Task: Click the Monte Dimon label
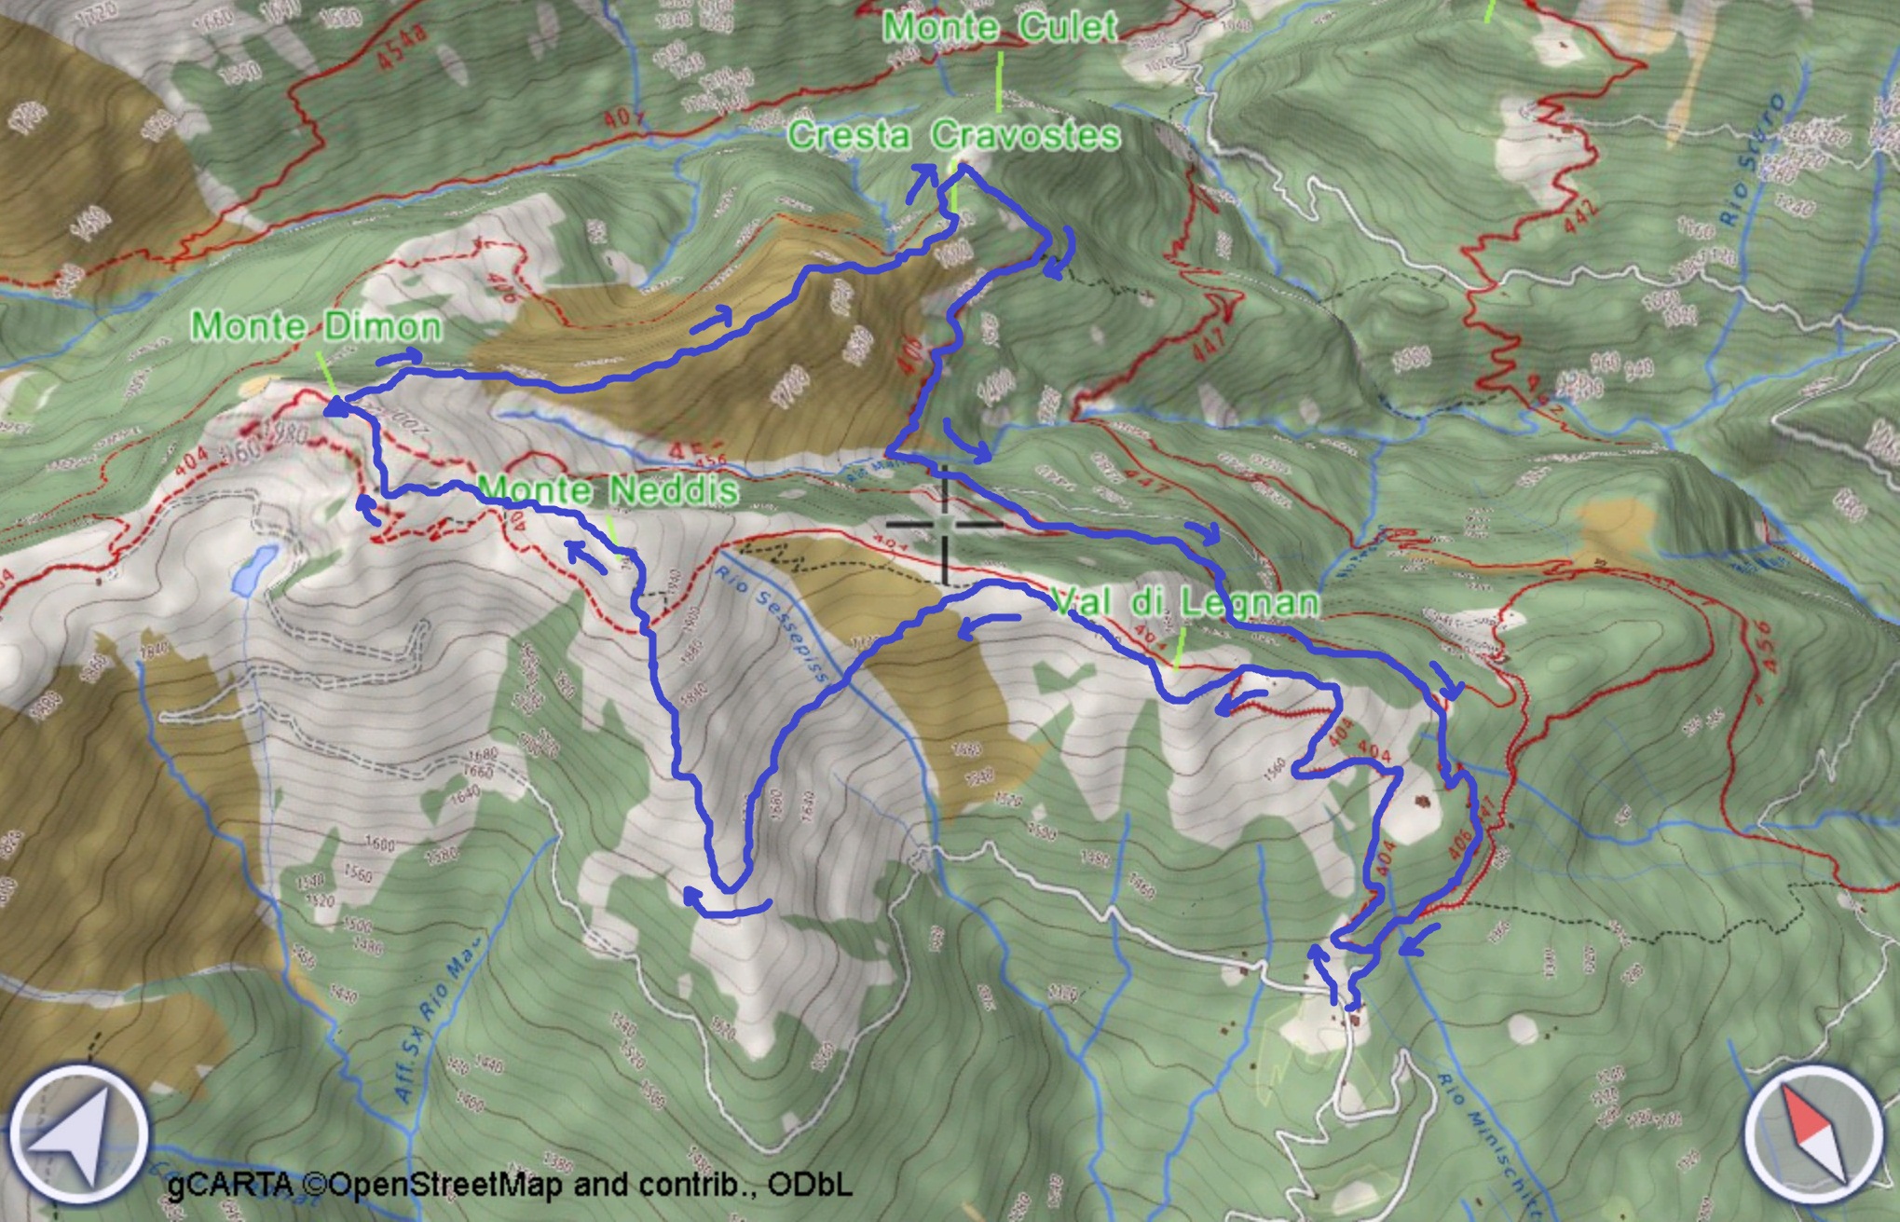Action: (x=316, y=326)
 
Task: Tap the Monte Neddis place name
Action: (x=608, y=490)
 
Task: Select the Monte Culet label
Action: (x=1000, y=26)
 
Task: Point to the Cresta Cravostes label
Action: (x=953, y=135)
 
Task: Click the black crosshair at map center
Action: (x=945, y=525)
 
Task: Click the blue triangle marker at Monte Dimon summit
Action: (x=335, y=405)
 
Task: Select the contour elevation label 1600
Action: (x=379, y=844)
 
